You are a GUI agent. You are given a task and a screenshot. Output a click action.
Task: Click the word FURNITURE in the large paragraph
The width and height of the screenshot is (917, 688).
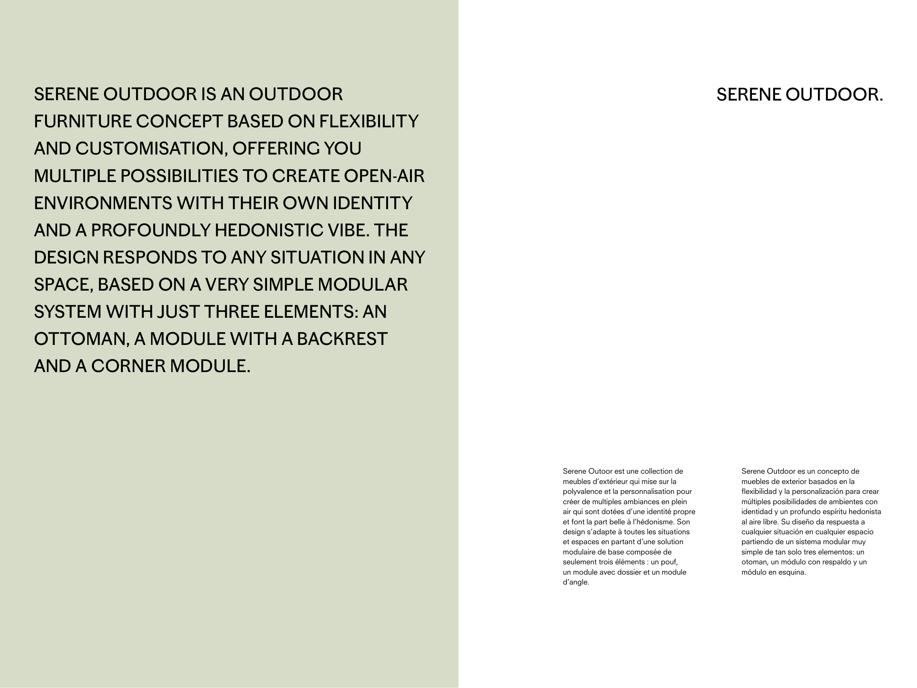point(83,121)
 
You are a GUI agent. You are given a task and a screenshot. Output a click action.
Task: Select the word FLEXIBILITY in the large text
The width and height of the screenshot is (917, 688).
point(369,121)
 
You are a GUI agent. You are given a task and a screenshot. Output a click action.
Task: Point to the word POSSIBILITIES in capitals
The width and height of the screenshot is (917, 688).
point(179,176)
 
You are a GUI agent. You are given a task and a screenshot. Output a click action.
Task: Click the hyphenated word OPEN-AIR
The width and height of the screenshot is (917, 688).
point(384,176)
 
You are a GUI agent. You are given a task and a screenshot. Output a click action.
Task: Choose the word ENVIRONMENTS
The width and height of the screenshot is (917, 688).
point(103,203)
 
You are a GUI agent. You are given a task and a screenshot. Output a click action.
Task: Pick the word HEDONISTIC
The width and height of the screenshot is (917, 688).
point(268,230)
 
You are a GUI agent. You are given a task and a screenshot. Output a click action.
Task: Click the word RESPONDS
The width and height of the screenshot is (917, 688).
point(150,258)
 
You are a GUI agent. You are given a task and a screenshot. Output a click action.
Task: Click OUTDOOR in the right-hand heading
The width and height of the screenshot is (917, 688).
point(834,95)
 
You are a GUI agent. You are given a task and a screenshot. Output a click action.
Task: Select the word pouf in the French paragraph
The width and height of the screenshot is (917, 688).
point(669,562)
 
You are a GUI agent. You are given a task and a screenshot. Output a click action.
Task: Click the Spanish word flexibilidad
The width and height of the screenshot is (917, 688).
point(759,491)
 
